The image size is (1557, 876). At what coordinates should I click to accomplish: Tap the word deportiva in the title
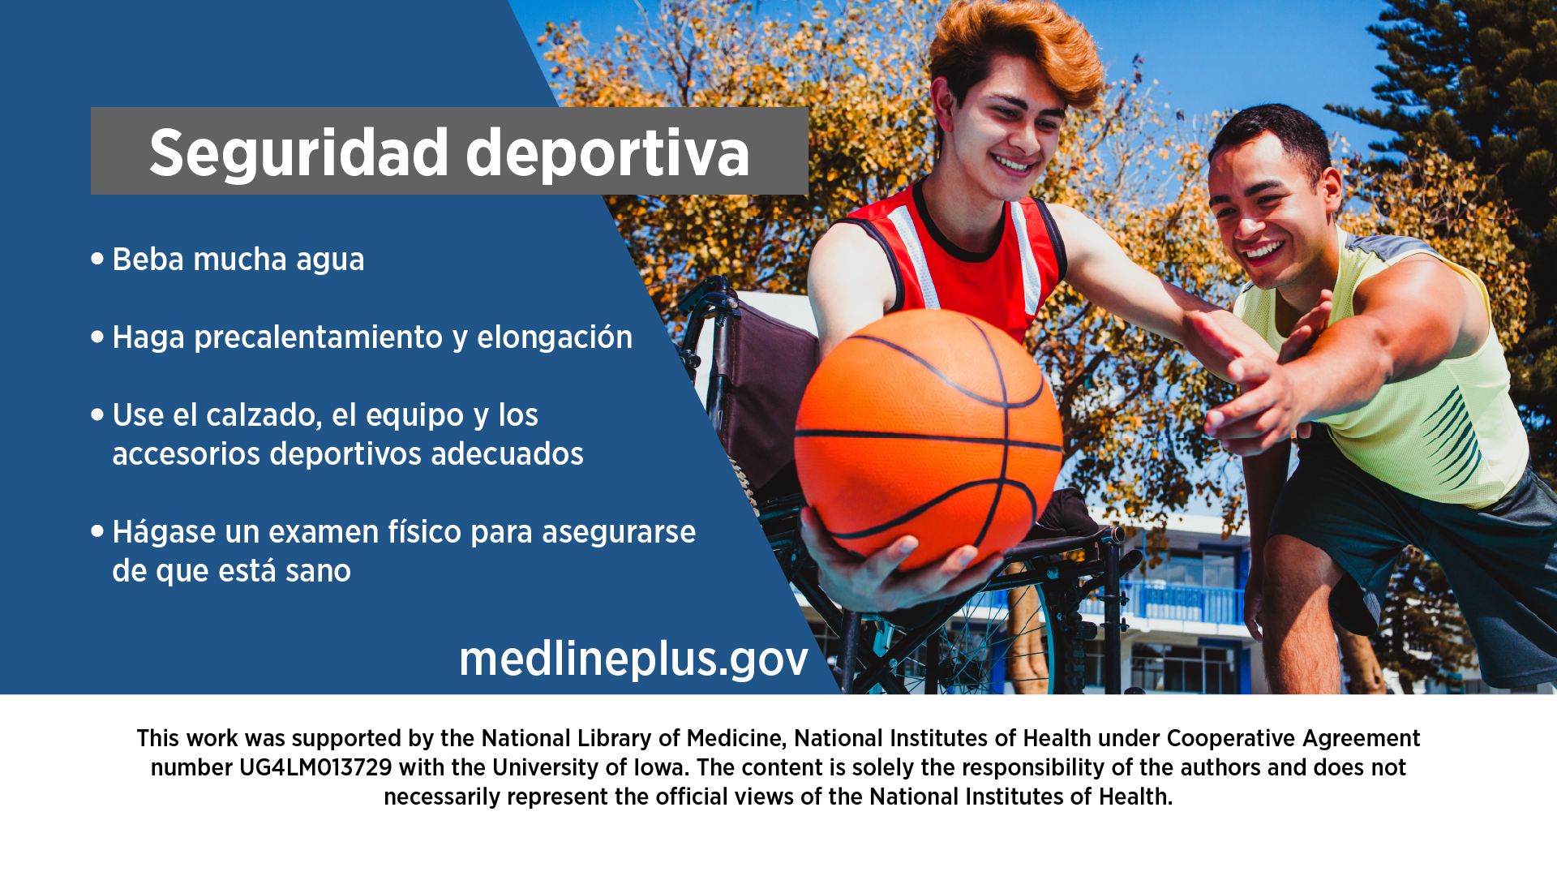(608, 153)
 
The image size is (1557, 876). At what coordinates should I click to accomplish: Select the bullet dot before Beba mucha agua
(97, 259)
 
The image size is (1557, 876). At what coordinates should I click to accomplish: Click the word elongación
(555, 337)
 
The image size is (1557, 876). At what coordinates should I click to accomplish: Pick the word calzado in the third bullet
(264, 415)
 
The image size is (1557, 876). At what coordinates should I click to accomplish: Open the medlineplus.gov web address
(634, 659)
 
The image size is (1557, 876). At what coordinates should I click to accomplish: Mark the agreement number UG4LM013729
(315, 767)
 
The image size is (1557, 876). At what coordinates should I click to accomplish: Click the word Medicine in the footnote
(737, 738)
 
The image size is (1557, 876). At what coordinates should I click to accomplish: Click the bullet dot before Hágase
(97, 531)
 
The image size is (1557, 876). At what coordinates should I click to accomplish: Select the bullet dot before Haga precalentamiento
(97, 337)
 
